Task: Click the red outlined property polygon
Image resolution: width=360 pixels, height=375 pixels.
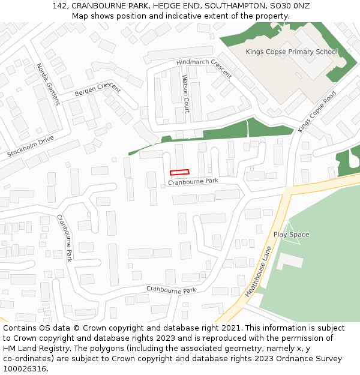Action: click(x=179, y=173)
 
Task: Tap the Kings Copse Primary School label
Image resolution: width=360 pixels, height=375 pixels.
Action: click(x=292, y=52)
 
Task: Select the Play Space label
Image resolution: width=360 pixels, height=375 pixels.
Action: click(x=291, y=235)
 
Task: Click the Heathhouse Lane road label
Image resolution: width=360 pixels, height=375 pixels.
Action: click(x=259, y=271)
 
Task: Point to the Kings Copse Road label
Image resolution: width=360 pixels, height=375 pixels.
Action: click(x=317, y=112)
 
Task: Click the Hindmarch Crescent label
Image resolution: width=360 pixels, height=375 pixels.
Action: click(x=204, y=68)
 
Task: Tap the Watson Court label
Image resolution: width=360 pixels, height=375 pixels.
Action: click(x=185, y=94)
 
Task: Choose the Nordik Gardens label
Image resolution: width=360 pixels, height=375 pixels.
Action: click(x=48, y=84)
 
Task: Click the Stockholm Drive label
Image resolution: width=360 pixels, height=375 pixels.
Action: click(x=31, y=146)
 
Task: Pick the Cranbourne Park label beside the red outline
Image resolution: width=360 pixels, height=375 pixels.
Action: click(x=193, y=181)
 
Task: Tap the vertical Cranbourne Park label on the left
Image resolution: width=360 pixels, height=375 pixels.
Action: click(x=64, y=238)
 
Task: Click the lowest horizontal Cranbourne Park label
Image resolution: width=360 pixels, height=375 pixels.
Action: click(x=171, y=290)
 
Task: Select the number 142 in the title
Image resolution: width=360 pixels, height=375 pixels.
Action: click(x=59, y=6)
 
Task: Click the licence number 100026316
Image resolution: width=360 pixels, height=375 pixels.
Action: click(x=25, y=368)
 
